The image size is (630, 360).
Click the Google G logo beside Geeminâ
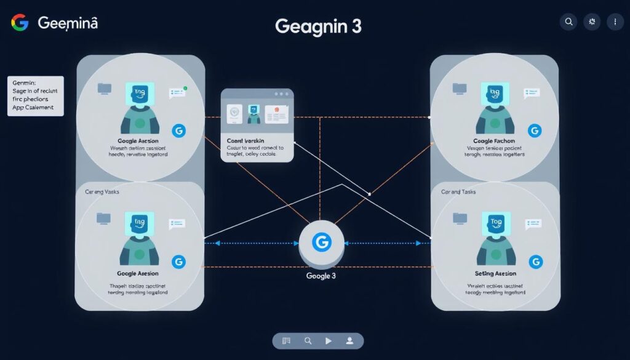[x=20, y=23]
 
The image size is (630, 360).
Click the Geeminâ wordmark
[x=68, y=23]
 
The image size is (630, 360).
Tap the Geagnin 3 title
[x=318, y=26]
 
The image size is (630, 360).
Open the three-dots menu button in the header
[x=615, y=22]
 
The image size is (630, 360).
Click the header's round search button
[x=568, y=22]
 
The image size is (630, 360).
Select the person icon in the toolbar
[x=349, y=340]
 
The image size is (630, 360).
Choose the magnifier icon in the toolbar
[x=308, y=340]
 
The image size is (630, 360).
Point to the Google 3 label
[x=321, y=276]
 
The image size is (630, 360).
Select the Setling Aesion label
[x=495, y=273]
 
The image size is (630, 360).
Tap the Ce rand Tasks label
[x=458, y=192]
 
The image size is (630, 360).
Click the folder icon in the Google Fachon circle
[x=460, y=89]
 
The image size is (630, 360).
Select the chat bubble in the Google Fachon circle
[x=531, y=93]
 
